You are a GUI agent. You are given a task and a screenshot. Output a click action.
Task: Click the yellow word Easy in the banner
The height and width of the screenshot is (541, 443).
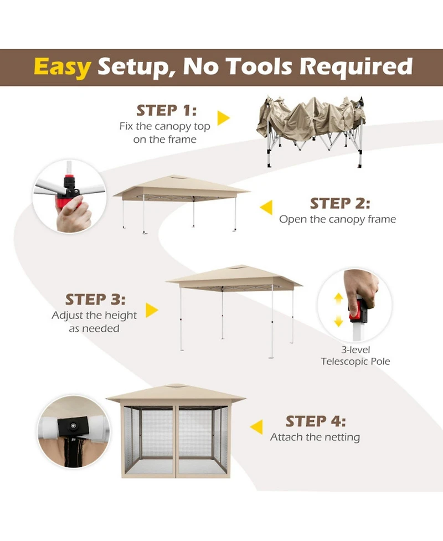[63, 68]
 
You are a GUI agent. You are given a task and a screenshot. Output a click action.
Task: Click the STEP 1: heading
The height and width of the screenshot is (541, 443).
[167, 110]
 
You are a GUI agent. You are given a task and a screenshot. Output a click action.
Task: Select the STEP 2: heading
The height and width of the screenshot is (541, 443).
[340, 203]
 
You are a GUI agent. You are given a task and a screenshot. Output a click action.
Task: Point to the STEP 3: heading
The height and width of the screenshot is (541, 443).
[95, 300]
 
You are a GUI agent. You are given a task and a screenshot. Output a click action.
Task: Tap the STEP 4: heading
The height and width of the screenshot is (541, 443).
[315, 421]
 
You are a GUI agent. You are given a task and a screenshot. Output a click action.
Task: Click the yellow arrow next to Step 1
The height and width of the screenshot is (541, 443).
[223, 118]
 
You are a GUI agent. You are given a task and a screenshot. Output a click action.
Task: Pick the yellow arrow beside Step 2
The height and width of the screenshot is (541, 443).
[266, 207]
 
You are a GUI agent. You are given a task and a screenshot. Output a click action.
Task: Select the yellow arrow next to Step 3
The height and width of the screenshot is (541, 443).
[152, 310]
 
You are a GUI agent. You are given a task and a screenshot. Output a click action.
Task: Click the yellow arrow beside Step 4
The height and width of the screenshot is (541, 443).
[256, 427]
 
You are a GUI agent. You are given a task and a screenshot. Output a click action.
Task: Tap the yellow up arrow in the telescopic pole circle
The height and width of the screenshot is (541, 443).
[338, 298]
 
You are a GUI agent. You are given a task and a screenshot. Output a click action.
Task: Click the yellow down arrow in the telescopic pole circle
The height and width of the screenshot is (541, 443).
[338, 322]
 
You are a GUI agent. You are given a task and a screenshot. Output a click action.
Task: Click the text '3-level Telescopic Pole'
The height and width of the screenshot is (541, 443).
[356, 355]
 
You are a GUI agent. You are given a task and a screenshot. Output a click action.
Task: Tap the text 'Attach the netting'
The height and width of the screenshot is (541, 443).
[315, 437]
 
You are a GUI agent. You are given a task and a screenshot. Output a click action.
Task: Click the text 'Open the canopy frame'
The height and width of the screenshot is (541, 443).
[337, 219]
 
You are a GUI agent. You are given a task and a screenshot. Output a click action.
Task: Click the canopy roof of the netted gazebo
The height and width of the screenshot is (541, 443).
[176, 394]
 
